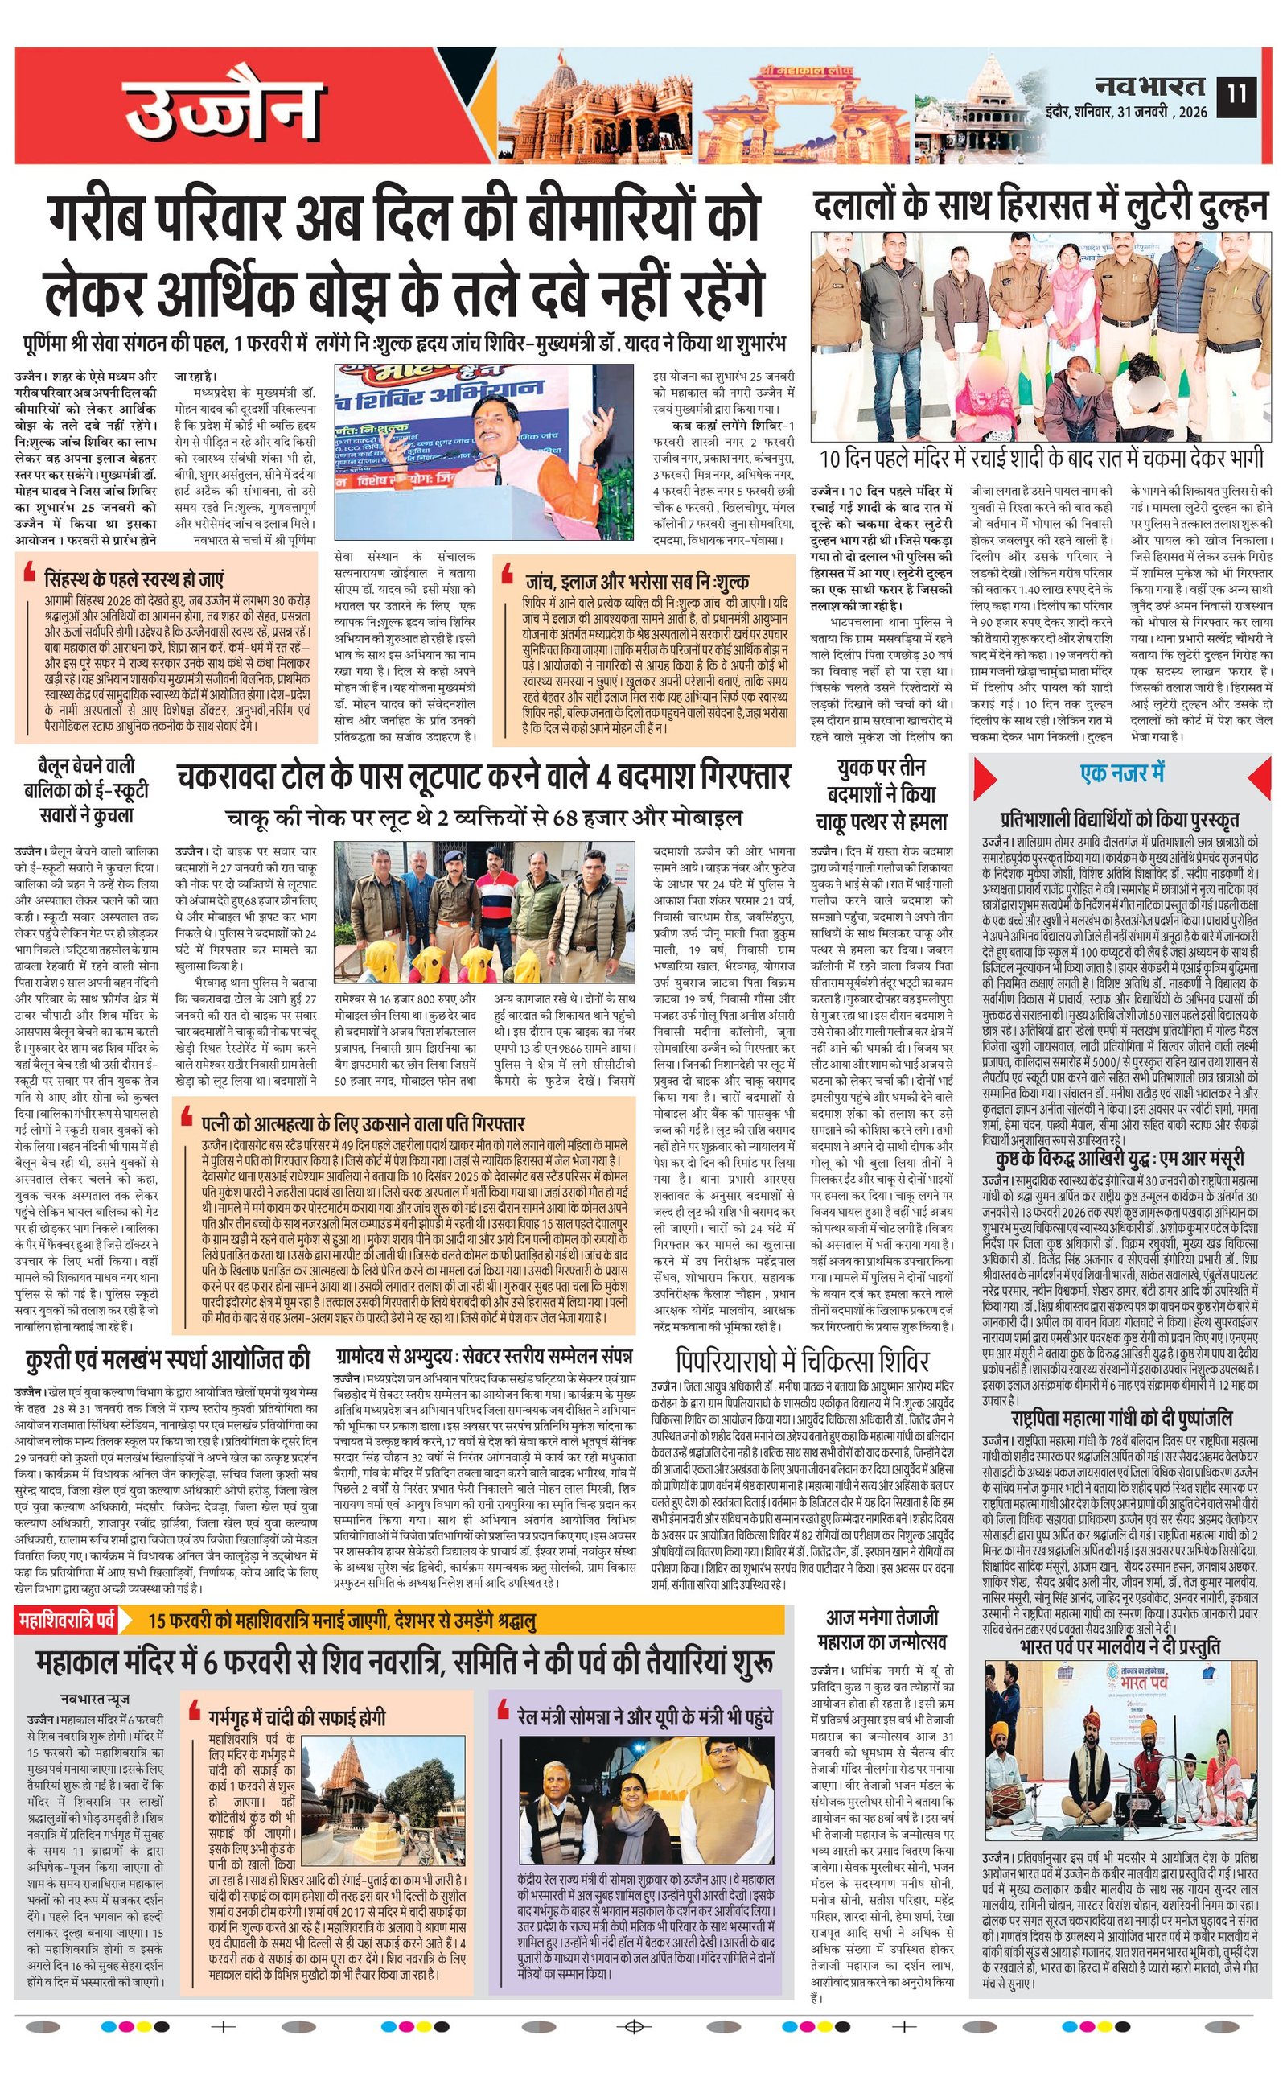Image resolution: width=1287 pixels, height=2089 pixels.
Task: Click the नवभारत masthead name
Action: click(x=1149, y=86)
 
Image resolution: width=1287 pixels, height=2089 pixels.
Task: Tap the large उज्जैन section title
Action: click(x=221, y=109)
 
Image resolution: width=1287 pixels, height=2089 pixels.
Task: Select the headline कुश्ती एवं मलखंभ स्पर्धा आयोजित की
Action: click(x=167, y=1358)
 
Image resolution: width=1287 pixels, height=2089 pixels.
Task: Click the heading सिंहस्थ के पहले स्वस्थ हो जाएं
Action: click(x=134, y=579)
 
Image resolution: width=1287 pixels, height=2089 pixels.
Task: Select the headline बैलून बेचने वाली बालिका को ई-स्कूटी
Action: click(x=86, y=790)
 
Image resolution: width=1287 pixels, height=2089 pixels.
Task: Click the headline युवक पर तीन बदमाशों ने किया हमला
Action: click(x=881, y=794)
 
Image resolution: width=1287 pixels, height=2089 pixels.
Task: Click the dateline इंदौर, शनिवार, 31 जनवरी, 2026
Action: click(x=1127, y=112)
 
